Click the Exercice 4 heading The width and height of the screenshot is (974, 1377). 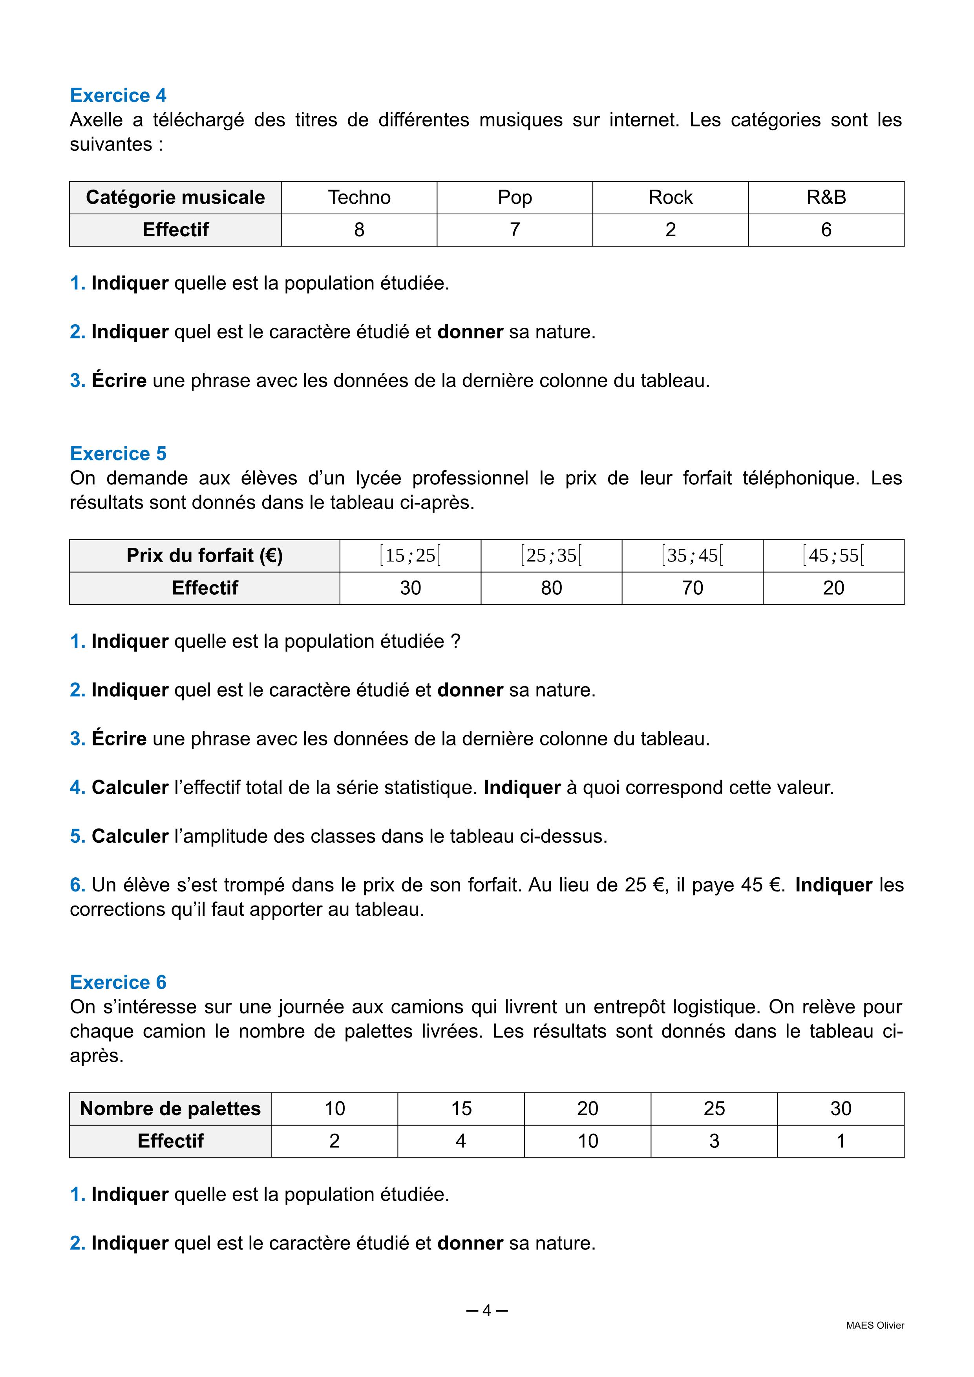pyautogui.click(x=118, y=95)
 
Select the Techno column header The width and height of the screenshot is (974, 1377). pyautogui.click(x=359, y=197)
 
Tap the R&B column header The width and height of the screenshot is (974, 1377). pyautogui.click(x=826, y=197)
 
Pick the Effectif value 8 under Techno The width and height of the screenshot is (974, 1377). pyautogui.click(x=359, y=230)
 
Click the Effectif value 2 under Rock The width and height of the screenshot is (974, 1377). pyautogui.click(x=671, y=230)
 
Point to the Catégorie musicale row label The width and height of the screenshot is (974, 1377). pyautogui.click(x=175, y=197)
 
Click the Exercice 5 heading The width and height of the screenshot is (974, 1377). pyautogui.click(x=118, y=453)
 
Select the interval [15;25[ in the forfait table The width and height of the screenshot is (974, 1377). pyautogui.click(x=410, y=555)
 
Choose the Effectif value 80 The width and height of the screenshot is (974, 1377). pyautogui.click(x=551, y=588)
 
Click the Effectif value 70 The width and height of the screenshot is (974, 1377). pyautogui.click(x=692, y=588)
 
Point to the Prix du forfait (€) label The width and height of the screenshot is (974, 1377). pyautogui.click(x=205, y=555)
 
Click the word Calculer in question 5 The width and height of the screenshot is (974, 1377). pyautogui.click(x=130, y=836)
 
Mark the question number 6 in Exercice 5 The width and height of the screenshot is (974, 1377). pyautogui.click(x=77, y=885)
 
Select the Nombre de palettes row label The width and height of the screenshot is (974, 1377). pyautogui.click(x=170, y=1109)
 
